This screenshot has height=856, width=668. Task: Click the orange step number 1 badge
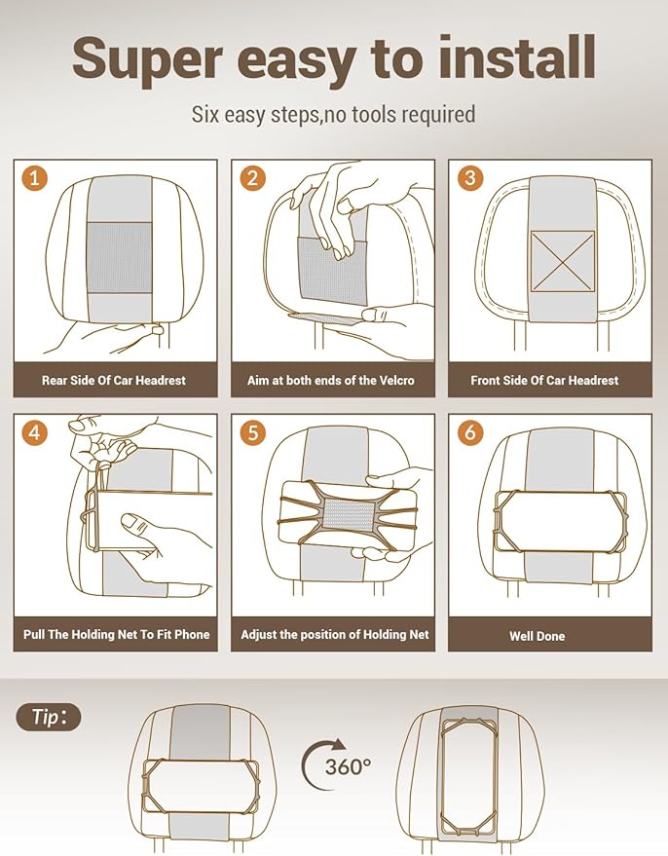(x=34, y=178)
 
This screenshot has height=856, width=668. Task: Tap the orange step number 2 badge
(x=252, y=178)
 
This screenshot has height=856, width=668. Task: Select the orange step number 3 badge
(x=470, y=178)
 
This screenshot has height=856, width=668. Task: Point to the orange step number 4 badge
(x=34, y=432)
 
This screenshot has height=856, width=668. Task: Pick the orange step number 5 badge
(x=252, y=432)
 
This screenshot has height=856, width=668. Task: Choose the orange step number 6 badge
(x=470, y=432)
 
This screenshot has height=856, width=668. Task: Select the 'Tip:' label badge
(x=48, y=717)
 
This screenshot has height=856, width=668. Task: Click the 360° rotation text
(x=349, y=766)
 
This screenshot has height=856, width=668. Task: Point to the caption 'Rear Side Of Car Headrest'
(x=114, y=380)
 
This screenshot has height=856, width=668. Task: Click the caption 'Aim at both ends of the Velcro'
(x=331, y=380)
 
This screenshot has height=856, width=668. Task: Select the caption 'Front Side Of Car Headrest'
(x=544, y=380)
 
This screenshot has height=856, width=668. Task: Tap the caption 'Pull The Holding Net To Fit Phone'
(x=116, y=634)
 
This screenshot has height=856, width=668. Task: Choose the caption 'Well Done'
(x=537, y=636)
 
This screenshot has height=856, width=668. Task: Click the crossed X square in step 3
(x=563, y=261)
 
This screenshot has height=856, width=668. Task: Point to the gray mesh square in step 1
(x=120, y=257)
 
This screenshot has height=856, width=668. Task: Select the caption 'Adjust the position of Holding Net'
(x=335, y=634)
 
